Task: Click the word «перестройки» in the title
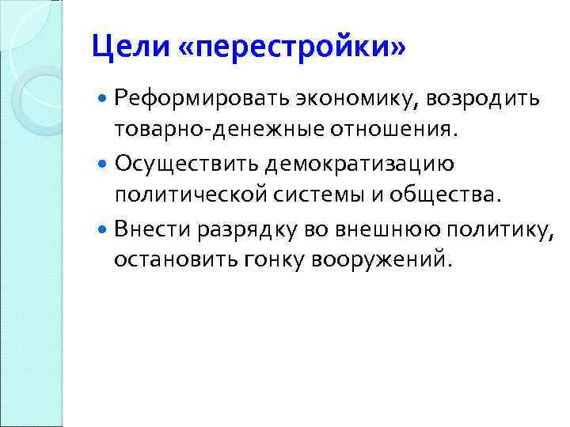pyautogui.click(x=292, y=48)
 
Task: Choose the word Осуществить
pyautogui.click(x=176, y=164)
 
